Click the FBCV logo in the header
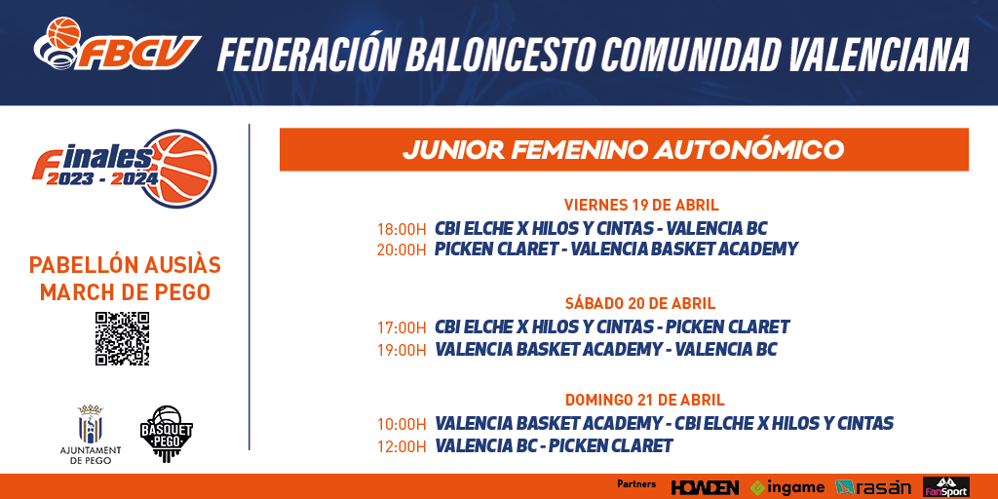pos(117,45)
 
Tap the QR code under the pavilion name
pos(122,338)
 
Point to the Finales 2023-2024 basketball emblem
pos(125,169)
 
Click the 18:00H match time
pos(401,229)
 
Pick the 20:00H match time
pos(401,250)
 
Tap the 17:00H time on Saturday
pos(401,328)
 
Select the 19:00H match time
pos(401,350)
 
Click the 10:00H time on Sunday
pos(401,425)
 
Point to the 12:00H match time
pos(401,446)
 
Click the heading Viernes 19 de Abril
pos(641,205)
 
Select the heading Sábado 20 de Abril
pos(640,303)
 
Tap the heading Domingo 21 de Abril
pos(645,401)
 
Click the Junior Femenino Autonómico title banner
pos(624,149)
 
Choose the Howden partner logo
pos(706,487)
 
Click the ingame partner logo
pos(787,487)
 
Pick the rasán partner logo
pos(873,487)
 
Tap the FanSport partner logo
pos(946,487)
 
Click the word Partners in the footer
pos(636,484)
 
